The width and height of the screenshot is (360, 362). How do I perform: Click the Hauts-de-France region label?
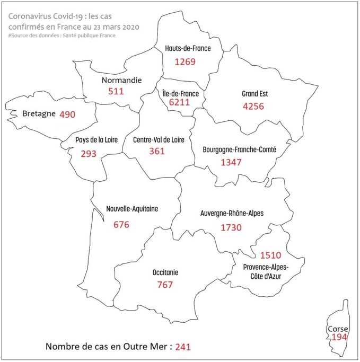(187, 48)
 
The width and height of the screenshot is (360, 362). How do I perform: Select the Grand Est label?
(255, 94)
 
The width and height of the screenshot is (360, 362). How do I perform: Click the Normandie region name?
(121, 81)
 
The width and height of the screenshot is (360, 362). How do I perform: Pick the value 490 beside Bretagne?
(67, 114)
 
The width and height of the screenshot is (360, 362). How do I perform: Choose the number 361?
(156, 151)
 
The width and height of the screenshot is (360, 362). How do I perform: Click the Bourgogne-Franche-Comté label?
(239, 150)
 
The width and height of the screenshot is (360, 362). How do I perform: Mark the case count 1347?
(231, 162)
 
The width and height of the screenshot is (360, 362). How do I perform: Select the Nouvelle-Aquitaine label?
(132, 208)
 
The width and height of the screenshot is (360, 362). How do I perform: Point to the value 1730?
(231, 227)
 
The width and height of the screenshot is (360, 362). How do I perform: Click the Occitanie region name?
(165, 272)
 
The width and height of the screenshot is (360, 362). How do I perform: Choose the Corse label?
(338, 329)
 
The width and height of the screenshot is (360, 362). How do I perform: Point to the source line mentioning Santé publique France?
(62, 36)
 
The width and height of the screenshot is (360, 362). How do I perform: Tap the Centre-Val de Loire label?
(157, 139)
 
